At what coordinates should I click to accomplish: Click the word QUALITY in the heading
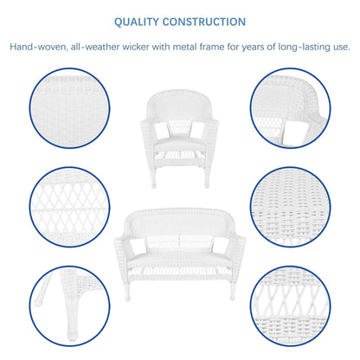point(144,21)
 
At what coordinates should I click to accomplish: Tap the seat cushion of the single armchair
point(181,137)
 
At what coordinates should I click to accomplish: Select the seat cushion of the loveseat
point(181,252)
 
